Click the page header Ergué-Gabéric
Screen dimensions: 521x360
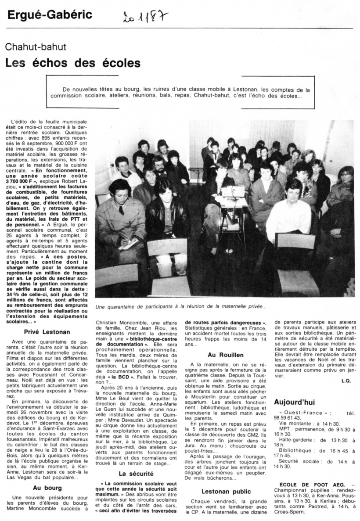coord(50,15)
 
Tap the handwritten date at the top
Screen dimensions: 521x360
coord(145,18)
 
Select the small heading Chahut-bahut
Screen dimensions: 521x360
coord(36,47)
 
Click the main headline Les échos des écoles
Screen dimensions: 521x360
coord(73,63)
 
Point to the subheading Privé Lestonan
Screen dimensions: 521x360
coord(47,332)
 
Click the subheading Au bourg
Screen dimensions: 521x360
coord(47,487)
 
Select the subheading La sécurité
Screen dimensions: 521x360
coord(136,474)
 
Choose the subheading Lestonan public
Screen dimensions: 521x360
coord(226,492)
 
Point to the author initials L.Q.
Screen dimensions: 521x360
coord(346,381)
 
